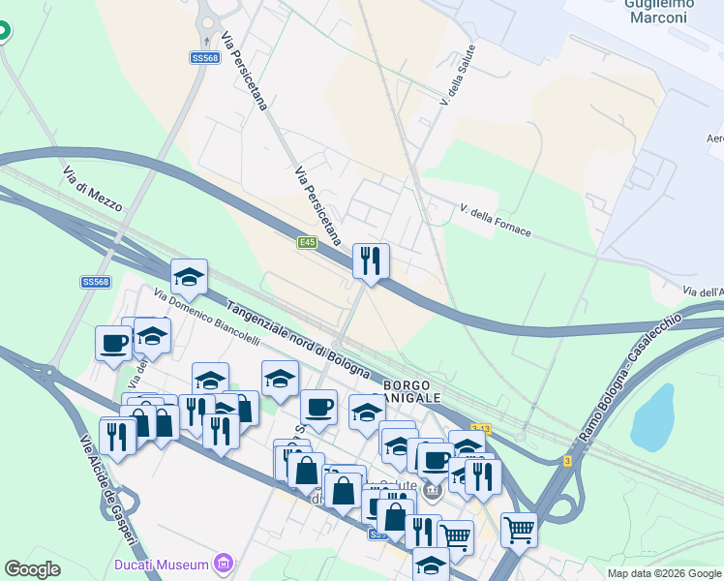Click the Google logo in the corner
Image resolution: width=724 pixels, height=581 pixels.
pyautogui.click(x=33, y=569)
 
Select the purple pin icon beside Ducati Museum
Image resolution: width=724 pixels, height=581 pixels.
pyautogui.click(x=225, y=563)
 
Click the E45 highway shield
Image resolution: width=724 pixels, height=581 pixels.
pyautogui.click(x=308, y=242)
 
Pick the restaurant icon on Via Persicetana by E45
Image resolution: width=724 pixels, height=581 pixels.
pyautogui.click(x=371, y=260)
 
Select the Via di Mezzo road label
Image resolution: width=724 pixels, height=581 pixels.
pyautogui.click(x=93, y=190)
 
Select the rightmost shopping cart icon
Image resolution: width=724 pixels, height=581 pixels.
pyautogui.click(x=519, y=529)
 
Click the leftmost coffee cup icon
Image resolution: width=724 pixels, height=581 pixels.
pyautogui.click(x=113, y=342)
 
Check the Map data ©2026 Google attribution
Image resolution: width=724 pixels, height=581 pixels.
pyautogui.click(x=665, y=573)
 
